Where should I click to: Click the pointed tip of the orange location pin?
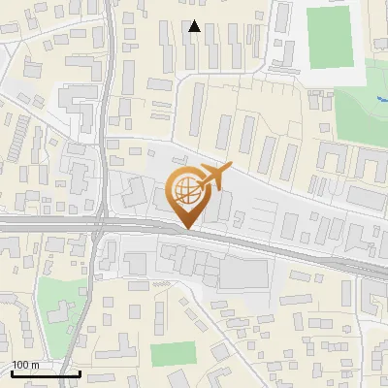(x=187, y=229)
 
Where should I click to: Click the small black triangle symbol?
(x=195, y=27)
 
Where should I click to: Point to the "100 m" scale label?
(x=25, y=365)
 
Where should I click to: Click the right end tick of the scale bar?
(x=81, y=372)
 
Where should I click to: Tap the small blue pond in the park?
(x=378, y=99)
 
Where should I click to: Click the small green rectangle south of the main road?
(x=172, y=353)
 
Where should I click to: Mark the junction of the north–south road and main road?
(x=100, y=225)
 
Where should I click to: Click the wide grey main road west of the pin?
(x=48, y=224)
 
